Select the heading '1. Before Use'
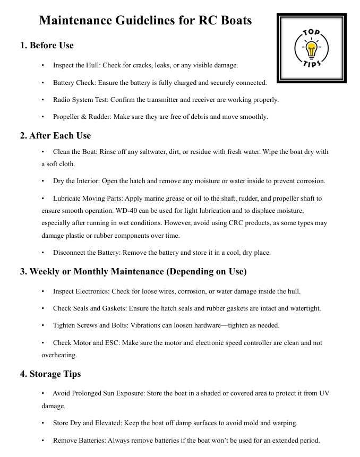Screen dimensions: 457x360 pos(47,46)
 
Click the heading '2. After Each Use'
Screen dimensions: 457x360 pos(55,135)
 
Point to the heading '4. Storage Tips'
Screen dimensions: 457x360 pos(50,374)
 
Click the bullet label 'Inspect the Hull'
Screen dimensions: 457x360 pos(76,65)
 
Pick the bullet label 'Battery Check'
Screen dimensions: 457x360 pos(73,83)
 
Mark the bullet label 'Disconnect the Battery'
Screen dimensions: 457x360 pos(84,253)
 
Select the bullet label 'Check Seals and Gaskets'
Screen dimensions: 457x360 pos(88,308)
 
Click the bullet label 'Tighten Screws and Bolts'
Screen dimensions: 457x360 pos(89,325)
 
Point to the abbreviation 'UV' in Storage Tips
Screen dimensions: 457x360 pos(324,393)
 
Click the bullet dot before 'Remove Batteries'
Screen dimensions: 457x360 pos(43,441)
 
